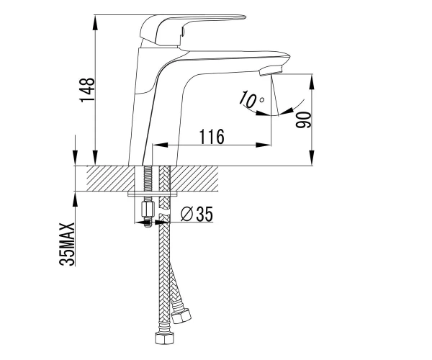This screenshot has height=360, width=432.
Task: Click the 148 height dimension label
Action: click(88, 90)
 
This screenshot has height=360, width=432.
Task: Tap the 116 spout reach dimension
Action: click(212, 136)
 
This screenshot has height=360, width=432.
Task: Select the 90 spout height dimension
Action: click(303, 120)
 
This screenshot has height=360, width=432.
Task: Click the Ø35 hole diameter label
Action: click(197, 214)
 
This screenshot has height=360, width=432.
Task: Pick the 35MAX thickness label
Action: click(67, 244)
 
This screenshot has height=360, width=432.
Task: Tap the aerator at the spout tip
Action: click(271, 71)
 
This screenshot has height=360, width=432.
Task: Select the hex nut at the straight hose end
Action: click(164, 338)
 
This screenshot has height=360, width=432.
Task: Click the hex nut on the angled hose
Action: click(181, 316)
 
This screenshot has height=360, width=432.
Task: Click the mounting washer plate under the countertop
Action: click(149, 194)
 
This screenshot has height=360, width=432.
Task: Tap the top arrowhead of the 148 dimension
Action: click(95, 22)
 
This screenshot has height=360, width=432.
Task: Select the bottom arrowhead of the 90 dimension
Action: click(311, 158)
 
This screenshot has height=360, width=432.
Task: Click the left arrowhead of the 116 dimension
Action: click(160, 145)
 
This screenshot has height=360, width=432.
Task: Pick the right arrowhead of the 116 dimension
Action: click(263, 145)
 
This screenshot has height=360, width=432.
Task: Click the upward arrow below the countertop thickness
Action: click(75, 199)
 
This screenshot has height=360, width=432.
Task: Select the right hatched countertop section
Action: click(194, 179)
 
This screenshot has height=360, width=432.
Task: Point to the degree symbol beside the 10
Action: click(262, 99)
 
